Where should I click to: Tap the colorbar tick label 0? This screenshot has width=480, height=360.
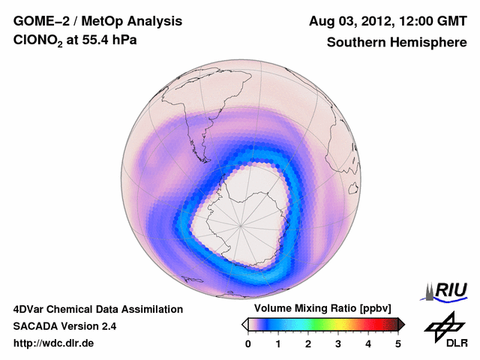click(x=248, y=343)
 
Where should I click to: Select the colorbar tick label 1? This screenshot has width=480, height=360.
click(x=278, y=343)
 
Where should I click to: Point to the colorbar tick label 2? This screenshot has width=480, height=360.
click(x=308, y=343)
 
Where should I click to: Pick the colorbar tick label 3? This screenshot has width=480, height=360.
click(x=338, y=343)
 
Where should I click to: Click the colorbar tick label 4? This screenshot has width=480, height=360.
click(x=368, y=343)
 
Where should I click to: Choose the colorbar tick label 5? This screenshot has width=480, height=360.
click(x=398, y=343)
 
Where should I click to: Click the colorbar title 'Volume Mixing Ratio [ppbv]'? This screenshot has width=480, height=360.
click(x=319, y=309)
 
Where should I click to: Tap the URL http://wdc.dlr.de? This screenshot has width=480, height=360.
click(x=54, y=343)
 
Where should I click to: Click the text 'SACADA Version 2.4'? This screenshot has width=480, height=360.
click(x=64, y=326)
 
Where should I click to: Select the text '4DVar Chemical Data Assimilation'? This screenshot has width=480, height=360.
click(x=97, y=309)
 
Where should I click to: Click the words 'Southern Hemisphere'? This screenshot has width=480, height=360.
click(x=397, y=43)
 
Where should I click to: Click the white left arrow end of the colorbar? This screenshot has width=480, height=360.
click(x=244, y=324)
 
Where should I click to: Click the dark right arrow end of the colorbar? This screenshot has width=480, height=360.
click(x=402, y=324)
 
